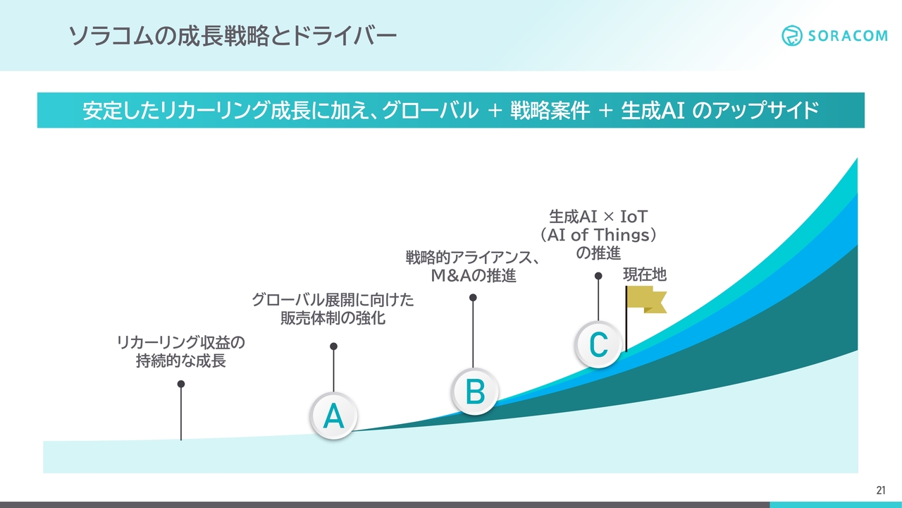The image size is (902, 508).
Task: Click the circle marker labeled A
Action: tap(333, 416)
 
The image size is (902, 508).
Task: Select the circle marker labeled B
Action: tap(475, 392)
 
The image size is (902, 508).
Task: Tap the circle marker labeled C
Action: tap(598, 344)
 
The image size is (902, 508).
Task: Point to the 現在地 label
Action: tap(645, 274)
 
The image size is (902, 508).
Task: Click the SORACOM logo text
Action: tap(848, 36)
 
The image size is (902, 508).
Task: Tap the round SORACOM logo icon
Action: tap(791, 35)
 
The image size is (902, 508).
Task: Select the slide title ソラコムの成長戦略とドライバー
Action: tap(233, 36)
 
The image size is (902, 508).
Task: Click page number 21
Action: tap(881, 490)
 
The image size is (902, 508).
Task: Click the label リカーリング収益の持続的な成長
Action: tap(181, 351)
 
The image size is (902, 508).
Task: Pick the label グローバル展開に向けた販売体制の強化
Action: tap(333, 309)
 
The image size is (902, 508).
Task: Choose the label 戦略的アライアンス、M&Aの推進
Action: tap(473, 267)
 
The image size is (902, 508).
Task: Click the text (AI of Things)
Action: tap(598, 235)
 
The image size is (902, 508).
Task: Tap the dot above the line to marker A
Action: tap(333, 346)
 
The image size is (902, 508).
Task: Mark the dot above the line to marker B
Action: tap(473, 298)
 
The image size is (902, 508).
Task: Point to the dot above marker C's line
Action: tap(598, 276)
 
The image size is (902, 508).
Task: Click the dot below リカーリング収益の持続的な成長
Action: tap(181, 384)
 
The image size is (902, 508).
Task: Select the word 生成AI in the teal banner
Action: tap(653, 110)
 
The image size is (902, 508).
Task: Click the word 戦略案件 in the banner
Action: tap(550, 110)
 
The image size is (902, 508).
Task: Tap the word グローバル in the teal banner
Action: tap(430, 110)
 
